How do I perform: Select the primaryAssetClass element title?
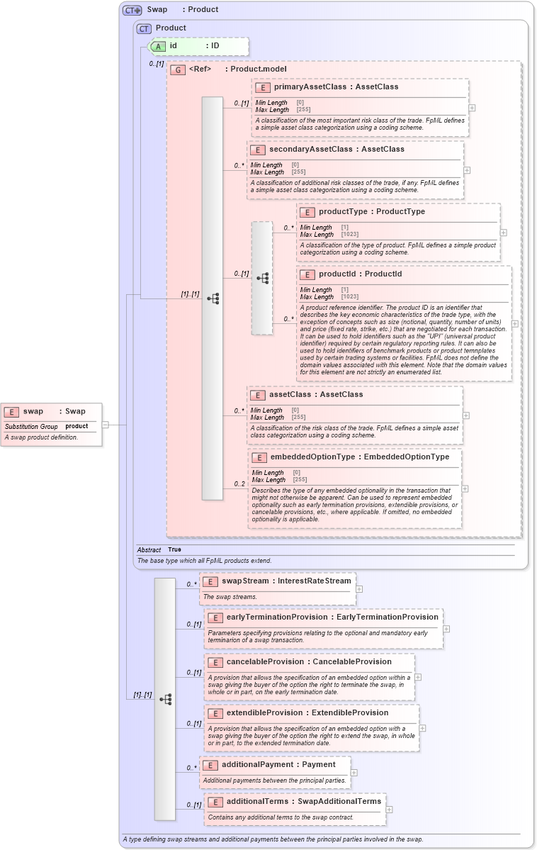(336, 86)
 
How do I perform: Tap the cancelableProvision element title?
(309, 661)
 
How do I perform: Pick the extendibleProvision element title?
(307, 712)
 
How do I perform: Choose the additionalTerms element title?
(303, 801)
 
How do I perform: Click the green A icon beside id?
(159, 46)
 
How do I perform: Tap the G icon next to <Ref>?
(178, 69)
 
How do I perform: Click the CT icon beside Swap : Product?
(132, 10)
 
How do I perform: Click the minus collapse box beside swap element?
(105, 425)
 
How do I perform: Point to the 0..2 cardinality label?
(239, 484)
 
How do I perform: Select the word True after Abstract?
(174, 549)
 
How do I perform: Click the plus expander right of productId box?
(514, 323)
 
